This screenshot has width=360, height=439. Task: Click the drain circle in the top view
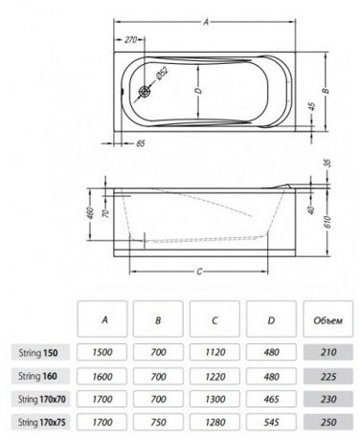click(145, 92)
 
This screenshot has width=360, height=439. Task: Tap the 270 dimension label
click(130, 40)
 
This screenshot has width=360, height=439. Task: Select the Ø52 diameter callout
click(162, 73)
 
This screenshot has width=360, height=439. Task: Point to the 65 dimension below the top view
click(141, 143)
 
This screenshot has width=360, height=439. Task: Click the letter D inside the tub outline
click(199, 91)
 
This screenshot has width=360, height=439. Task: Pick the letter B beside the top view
click(326, 91)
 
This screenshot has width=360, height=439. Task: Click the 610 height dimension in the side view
click(327, 221)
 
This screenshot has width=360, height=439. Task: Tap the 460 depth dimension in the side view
click(90, 213)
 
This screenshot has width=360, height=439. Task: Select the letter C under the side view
click(199, 272)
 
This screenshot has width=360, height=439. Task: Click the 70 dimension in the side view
click(107, 213)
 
